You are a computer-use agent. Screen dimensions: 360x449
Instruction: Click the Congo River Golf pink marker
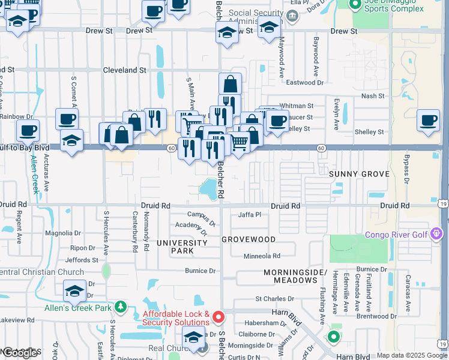click(436, 233)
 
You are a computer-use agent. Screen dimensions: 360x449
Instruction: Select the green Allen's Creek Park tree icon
click(121, 308)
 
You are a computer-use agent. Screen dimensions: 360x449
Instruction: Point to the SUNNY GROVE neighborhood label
click(359, 174)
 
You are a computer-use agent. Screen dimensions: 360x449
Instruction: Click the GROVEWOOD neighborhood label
click(249, 239)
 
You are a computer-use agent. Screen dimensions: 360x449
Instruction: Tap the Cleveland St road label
click(125, 70)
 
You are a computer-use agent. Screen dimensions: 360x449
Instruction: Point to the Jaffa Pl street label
click(250, 215)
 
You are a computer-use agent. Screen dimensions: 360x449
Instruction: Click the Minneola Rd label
click(258, 256)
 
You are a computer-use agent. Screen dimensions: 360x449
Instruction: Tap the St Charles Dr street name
click(276, 298)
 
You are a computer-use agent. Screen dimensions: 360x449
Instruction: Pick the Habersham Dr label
click(267, 323)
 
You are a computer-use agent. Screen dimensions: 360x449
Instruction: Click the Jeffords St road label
click(82, 260)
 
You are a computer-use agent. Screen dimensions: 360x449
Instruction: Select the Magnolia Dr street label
click(63, 233)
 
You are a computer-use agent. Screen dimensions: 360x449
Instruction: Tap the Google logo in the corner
click(20, 352)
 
